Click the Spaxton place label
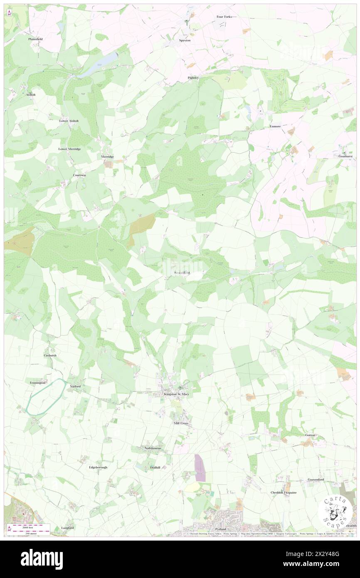(x=185, y=40)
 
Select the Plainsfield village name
(x=36, y=39)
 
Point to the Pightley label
(x=193, y=78)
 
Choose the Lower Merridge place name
(x=69, y=148)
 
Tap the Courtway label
(x=79, y=175)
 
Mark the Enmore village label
(x=275, y=126)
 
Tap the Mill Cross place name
(x=181, y=423)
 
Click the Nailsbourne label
(x=153, y=448)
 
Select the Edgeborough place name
(x=98, y=467)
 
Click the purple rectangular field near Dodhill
(x=200, y=468)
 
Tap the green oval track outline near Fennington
(x=45, y=397)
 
